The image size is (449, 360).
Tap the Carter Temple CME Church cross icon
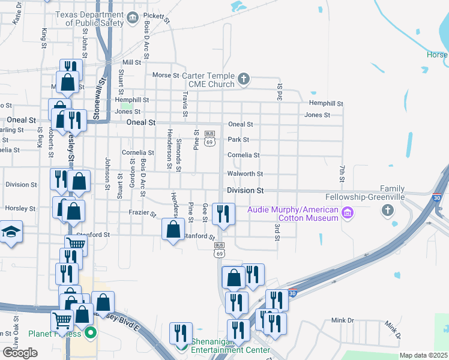(x=244, y=79)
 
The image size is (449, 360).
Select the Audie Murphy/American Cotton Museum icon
(x=346, y=213)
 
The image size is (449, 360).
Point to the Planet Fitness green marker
(x=90, y=332)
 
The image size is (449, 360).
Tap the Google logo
(x=20, y=352)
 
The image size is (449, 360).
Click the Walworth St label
(x=245, y=174)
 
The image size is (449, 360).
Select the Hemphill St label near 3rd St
(x=326, y=103)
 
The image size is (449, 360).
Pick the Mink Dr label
(x=343, y=321)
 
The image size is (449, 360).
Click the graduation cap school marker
(x=10, y=231)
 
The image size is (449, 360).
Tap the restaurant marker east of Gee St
(x=223, y=214)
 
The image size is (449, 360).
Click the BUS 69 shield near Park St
(x=209, y=138)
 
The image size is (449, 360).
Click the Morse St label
(x=166, y=76)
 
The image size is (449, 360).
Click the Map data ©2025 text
(x=423, y=355)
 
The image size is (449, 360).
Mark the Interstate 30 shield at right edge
(x=436, y=197)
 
